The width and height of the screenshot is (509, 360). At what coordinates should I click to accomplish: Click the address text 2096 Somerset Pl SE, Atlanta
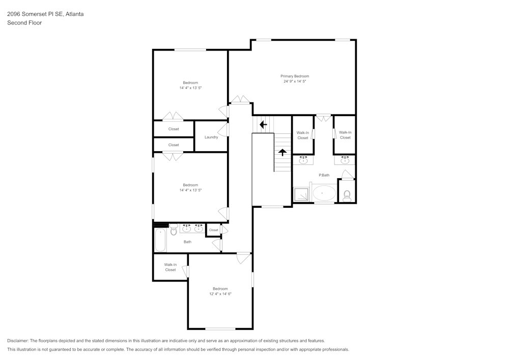(45, 14)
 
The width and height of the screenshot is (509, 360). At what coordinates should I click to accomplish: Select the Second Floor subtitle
(24, 23)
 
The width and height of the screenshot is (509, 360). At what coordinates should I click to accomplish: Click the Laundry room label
(211, 137)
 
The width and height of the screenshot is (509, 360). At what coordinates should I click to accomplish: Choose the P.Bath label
(324, 175)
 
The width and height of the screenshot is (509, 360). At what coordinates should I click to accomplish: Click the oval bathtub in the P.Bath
(324, 193)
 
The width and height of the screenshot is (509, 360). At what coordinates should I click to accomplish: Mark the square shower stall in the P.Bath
(301, 195)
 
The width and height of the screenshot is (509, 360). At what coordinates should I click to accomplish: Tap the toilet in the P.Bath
(347, 195)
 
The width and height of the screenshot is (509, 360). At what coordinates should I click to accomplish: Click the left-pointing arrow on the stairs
(263, 124)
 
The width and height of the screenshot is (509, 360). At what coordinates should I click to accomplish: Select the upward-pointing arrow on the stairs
(282, 152)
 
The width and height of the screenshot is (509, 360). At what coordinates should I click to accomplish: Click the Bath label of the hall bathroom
(187, 242)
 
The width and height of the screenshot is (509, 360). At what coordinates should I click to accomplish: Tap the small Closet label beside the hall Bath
(213, 230)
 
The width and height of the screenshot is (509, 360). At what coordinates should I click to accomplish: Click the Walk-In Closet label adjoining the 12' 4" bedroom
(170, 267)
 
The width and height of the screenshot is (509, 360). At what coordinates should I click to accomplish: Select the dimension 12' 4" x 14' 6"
(220, 294)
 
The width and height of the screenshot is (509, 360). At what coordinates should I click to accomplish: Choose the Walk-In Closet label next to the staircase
(303, 135)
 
